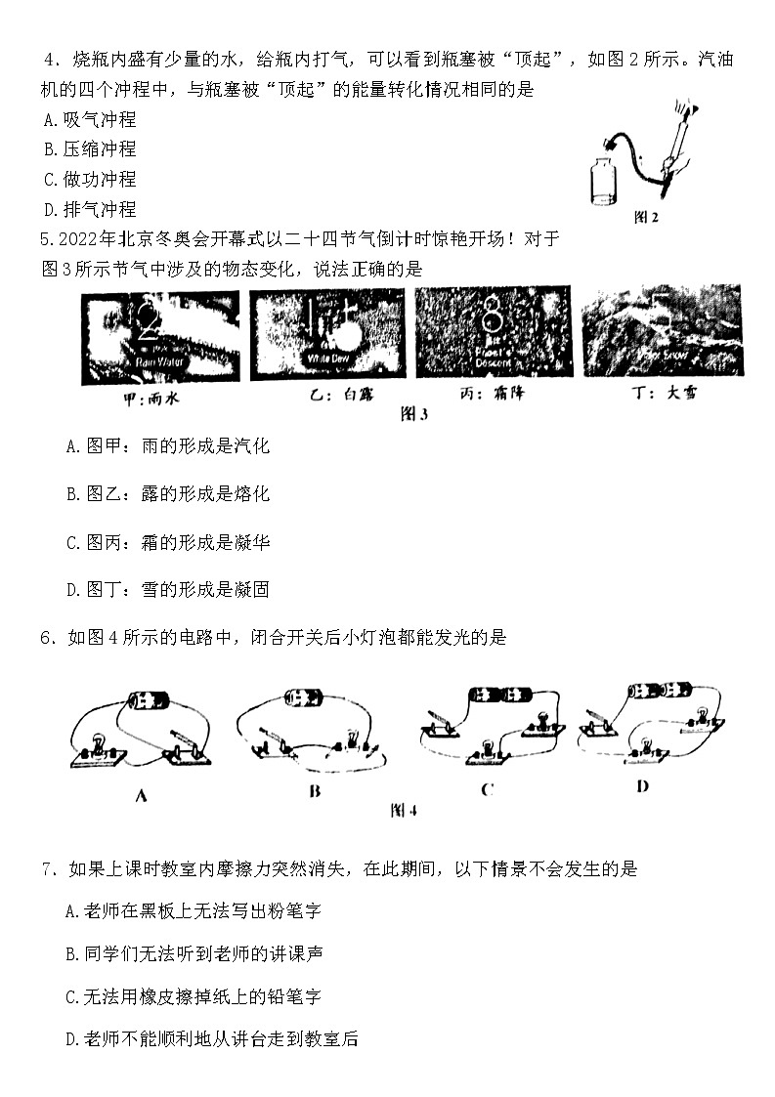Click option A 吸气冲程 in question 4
point(90,120)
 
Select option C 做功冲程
point(90,180)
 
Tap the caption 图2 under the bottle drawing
point(646,218)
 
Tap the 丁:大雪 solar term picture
point(661,332)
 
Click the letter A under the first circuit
point(140,795)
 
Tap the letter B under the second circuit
point(315,791)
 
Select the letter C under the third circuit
point(487,789)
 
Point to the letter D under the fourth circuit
point(642,785)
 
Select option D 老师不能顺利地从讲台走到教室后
point(211,1039)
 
